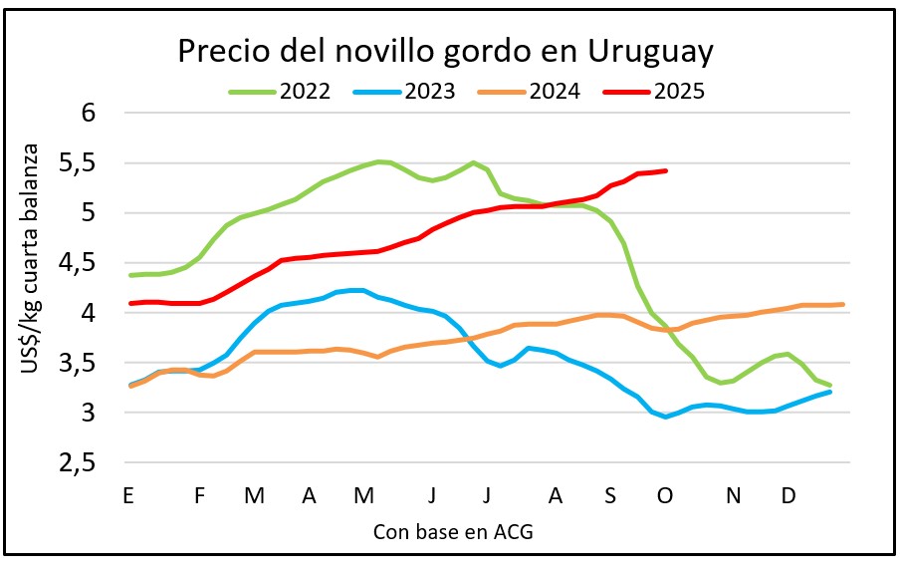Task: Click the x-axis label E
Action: (127, 495)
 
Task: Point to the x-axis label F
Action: (200, 495)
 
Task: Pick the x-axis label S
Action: (610, 495)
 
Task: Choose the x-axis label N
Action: (734, 495)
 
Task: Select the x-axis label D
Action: (788, 495)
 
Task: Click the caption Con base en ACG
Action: (453, 532)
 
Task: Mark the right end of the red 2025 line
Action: (665, 170)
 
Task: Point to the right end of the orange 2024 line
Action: (843, 304)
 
